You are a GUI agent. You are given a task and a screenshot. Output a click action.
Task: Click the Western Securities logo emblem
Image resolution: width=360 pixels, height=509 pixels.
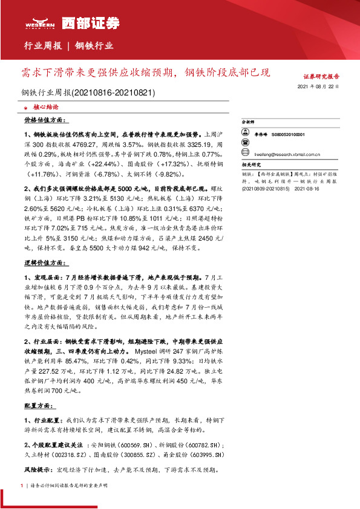41,20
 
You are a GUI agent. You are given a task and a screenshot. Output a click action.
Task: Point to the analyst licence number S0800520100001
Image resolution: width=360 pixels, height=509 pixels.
289,135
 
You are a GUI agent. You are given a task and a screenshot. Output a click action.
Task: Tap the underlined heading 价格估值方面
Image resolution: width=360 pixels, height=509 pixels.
44,121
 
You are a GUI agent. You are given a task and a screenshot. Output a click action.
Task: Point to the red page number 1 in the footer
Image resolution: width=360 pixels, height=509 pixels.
22,485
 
